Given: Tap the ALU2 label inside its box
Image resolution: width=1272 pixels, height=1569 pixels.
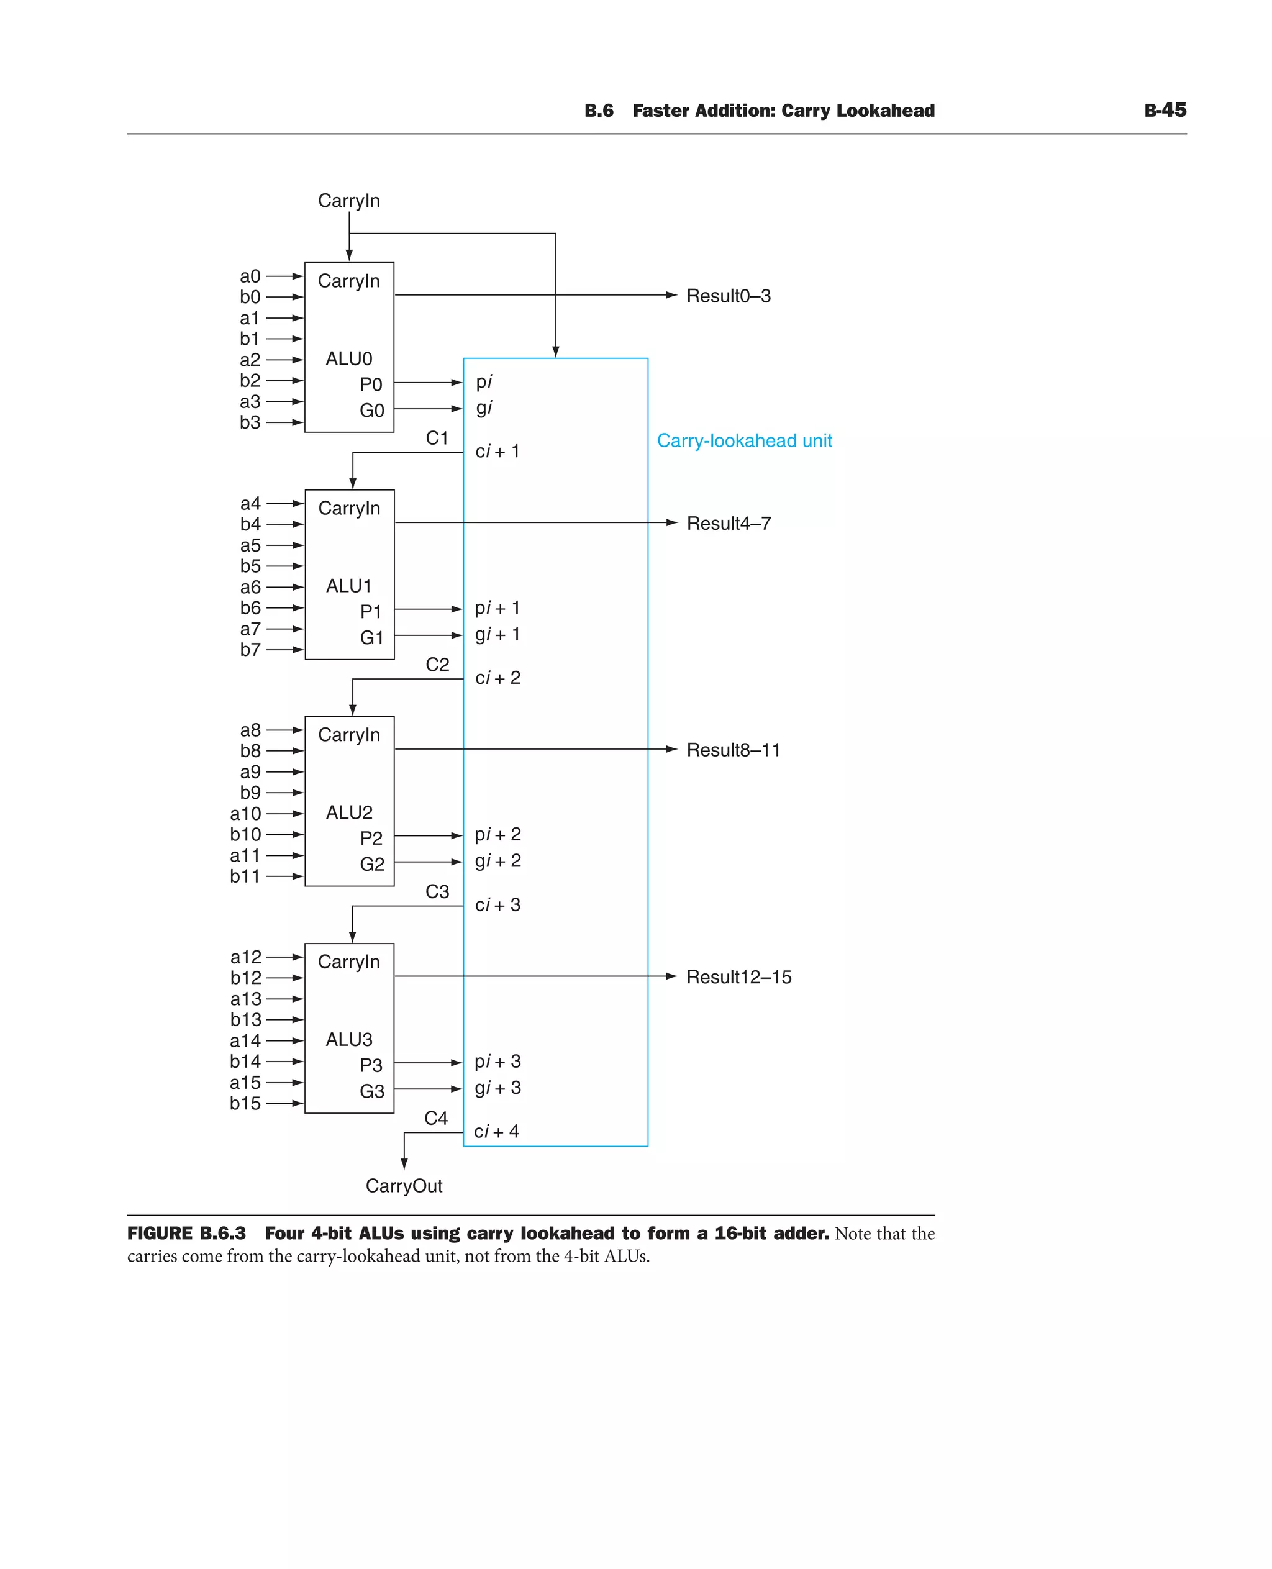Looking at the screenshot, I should pyautogui.click(x=349, y=812).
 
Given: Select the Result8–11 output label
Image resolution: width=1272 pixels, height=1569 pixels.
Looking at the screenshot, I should pyautogui.click(x=733, y=750).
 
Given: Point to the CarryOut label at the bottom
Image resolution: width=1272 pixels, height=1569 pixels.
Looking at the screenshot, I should pyautogui.click(x=404, y=1186).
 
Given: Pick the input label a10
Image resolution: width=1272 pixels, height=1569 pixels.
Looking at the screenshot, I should pyautogui.click(x=245, y=814).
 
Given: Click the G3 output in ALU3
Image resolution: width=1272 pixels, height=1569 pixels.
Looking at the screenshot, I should pyautogui.click(x=371, y=1091).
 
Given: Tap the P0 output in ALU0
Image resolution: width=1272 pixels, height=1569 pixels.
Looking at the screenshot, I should pyautogui.click(x=371, y=384).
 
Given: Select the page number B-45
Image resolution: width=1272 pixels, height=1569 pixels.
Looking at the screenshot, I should pyautogui.click(x=1165, y=110).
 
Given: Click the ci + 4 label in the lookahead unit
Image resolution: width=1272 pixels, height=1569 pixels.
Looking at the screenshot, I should pyautogui.click(x=496, y=1132).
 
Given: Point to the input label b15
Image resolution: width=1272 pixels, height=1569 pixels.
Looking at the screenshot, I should pyautogui.click(x=245, y=1103).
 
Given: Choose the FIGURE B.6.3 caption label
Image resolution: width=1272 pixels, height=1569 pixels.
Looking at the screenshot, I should pyautogui.click(x=186, y=1234).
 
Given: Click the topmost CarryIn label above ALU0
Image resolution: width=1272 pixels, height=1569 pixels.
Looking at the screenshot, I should pyautogui.click(x=349, y=200).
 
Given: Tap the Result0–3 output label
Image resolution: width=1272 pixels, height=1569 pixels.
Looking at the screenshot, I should pyautogui.click(x=729, y=296).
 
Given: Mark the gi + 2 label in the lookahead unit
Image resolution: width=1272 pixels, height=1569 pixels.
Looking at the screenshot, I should pyautogui.click(x=497, y=860).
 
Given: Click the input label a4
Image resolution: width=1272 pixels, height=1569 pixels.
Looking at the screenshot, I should pyautogui.click(x=250, y=504).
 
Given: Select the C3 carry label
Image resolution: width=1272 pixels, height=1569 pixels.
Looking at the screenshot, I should pyautogui.click(x=437, y=891).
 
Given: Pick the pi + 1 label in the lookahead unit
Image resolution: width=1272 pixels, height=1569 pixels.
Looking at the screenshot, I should pyautogui.click(x=497, y=607).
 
